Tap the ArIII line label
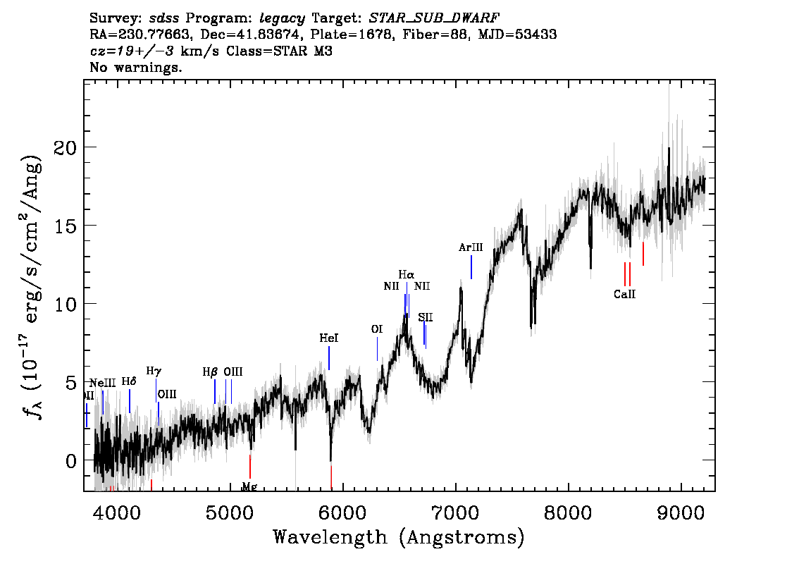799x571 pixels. coord(471,247)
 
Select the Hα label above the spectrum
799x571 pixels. coord(407,274)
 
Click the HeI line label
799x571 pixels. coord(329,338)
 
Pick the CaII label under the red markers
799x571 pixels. coord(624,295)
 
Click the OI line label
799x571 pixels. coord(377,329)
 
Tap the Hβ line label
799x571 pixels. coord(211,372)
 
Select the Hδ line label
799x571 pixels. coord(129,381)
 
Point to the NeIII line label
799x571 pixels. coord(103,383)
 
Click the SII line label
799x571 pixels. coord(425,318)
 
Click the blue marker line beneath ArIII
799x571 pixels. coord(471,266)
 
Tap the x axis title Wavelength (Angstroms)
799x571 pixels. coord(399,538)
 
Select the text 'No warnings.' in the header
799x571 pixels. coord(137,68)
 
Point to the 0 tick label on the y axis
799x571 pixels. coord(71,461)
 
